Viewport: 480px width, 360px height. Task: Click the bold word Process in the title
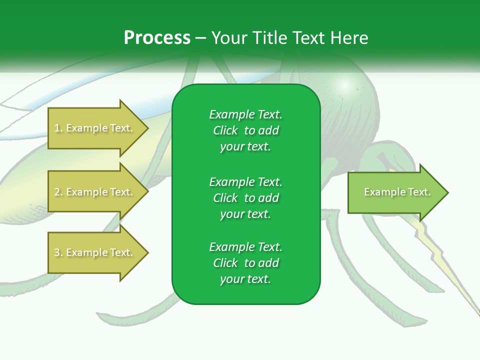[x=157, y=38]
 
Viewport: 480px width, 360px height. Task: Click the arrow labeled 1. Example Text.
[x=95, y=128]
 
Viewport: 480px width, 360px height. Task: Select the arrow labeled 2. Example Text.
[x=95, y=192]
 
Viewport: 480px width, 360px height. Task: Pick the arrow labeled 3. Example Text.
[x=95, y=253]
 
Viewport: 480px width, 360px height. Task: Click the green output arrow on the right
[x=395, y=192]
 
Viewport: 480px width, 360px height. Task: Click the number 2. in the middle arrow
[x=58, y=192]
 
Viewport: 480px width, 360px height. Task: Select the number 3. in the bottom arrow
[x=58, y=253]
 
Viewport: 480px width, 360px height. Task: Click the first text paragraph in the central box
[x=245, y=130]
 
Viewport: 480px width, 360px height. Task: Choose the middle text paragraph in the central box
[x=245, y=197]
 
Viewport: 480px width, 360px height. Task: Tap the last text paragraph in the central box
[x=245, y=263]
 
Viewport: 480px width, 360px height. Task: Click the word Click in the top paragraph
[x=225, y=130]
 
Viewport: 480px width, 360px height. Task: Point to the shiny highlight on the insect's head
[x=344, y=84]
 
